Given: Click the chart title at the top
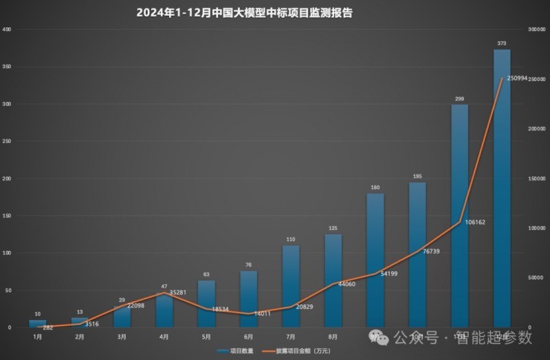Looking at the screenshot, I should pos(244,12).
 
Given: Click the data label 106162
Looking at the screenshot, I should pos(480,223).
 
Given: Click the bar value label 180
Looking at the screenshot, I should pos(375,188).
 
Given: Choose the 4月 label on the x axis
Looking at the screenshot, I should pos(164,337).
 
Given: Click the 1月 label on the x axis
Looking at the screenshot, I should pos(38,337).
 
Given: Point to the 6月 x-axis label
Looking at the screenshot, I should pos(248,337).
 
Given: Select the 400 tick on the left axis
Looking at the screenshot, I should pos(7,30).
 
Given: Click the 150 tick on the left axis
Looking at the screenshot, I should pos(7,216).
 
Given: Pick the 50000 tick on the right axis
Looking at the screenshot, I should pos(530,278).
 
